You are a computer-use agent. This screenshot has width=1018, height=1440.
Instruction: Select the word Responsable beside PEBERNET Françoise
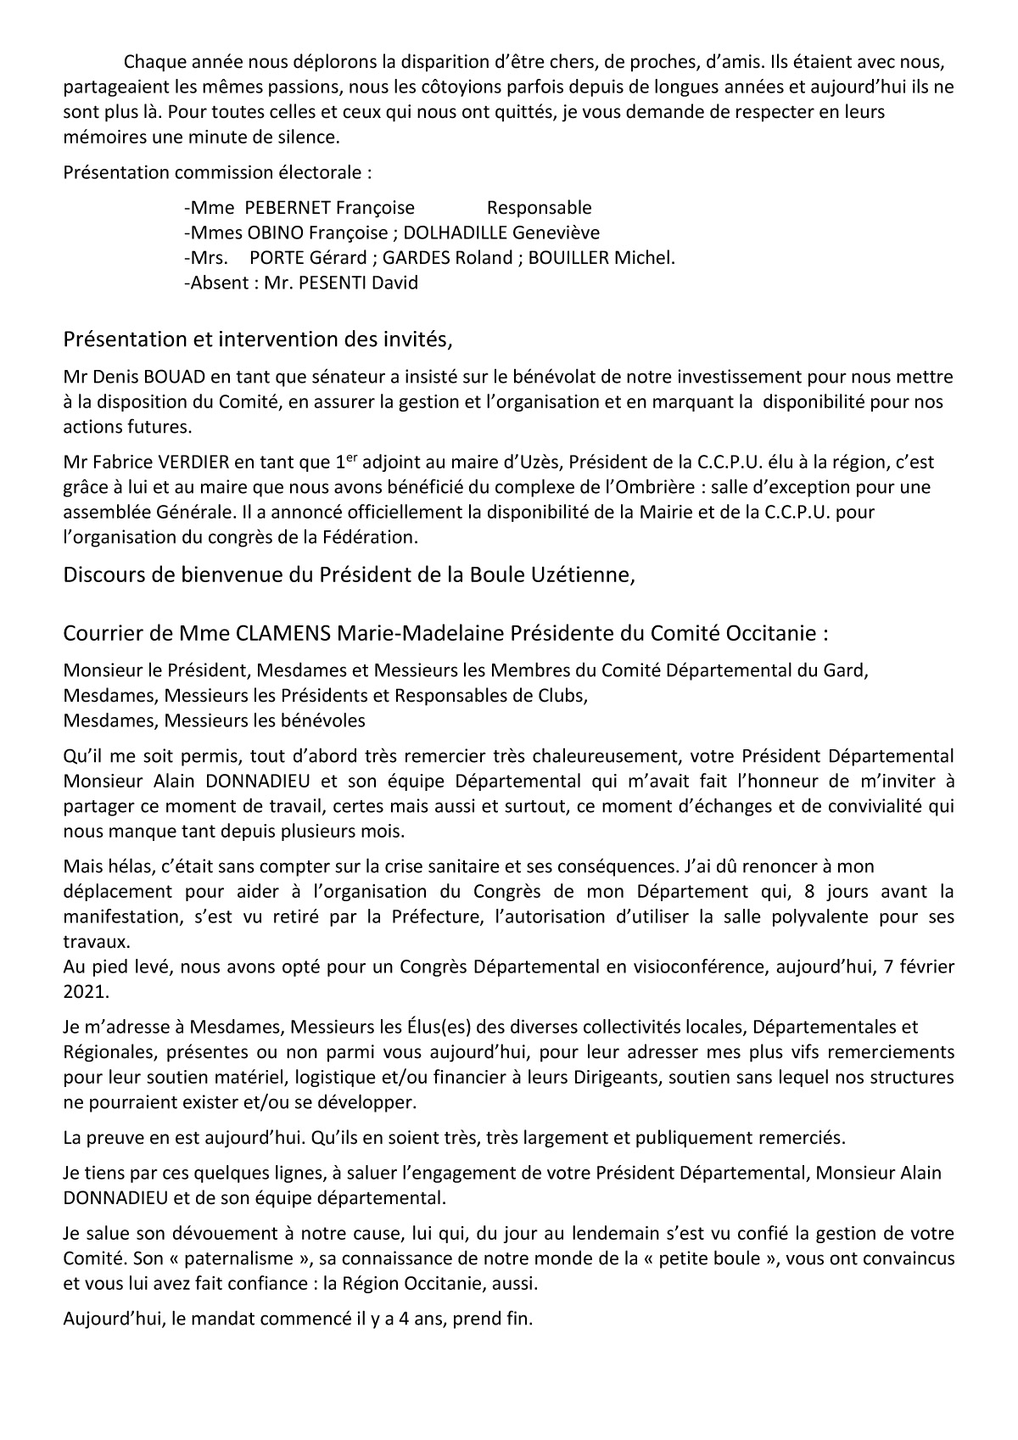(540, 208)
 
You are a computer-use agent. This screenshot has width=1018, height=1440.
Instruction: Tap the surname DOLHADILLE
(456, 233)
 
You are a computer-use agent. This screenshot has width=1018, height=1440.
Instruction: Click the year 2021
(82, 992)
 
